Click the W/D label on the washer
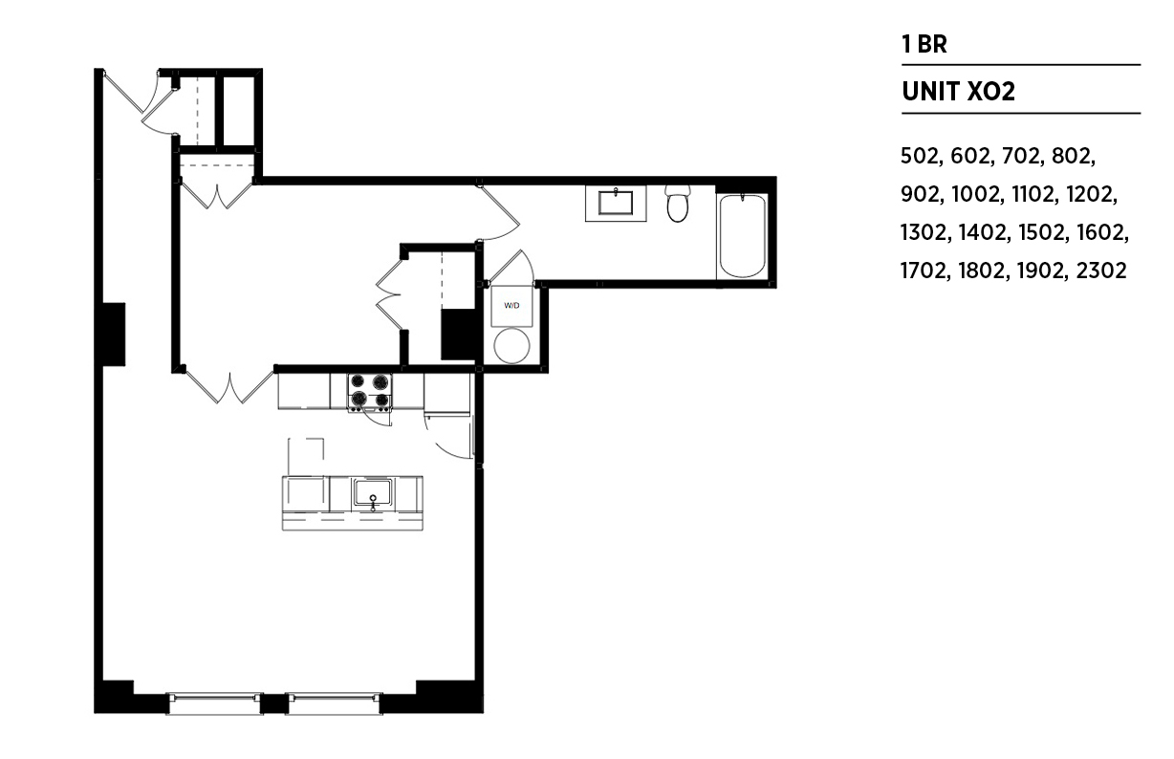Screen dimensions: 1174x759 tap(511, 306)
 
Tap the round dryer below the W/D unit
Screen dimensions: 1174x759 tap(511, 345)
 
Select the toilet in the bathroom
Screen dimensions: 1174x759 tap(678, 204)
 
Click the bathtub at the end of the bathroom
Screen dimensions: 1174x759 tap(742, 236)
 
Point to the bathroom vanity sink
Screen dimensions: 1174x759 tap(616, 203)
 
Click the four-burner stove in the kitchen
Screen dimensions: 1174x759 tap(369, 391)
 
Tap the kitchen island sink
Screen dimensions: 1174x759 tap(372, 492)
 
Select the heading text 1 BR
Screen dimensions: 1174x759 tap(924, 45)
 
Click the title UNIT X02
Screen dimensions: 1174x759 tap(958, 92)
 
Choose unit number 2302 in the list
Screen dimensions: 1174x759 tap(1101, 271)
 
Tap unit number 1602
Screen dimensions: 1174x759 tap(1102, 232)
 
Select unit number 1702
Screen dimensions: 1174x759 tap(925, 271)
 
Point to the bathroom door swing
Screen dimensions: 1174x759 tap(498, 213)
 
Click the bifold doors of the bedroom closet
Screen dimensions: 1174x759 tap(389, 294)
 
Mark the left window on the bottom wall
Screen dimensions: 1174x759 tap(214, 704)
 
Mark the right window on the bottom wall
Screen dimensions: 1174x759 tap(335, 704)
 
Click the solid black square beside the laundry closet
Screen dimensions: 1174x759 tap(458, 335)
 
